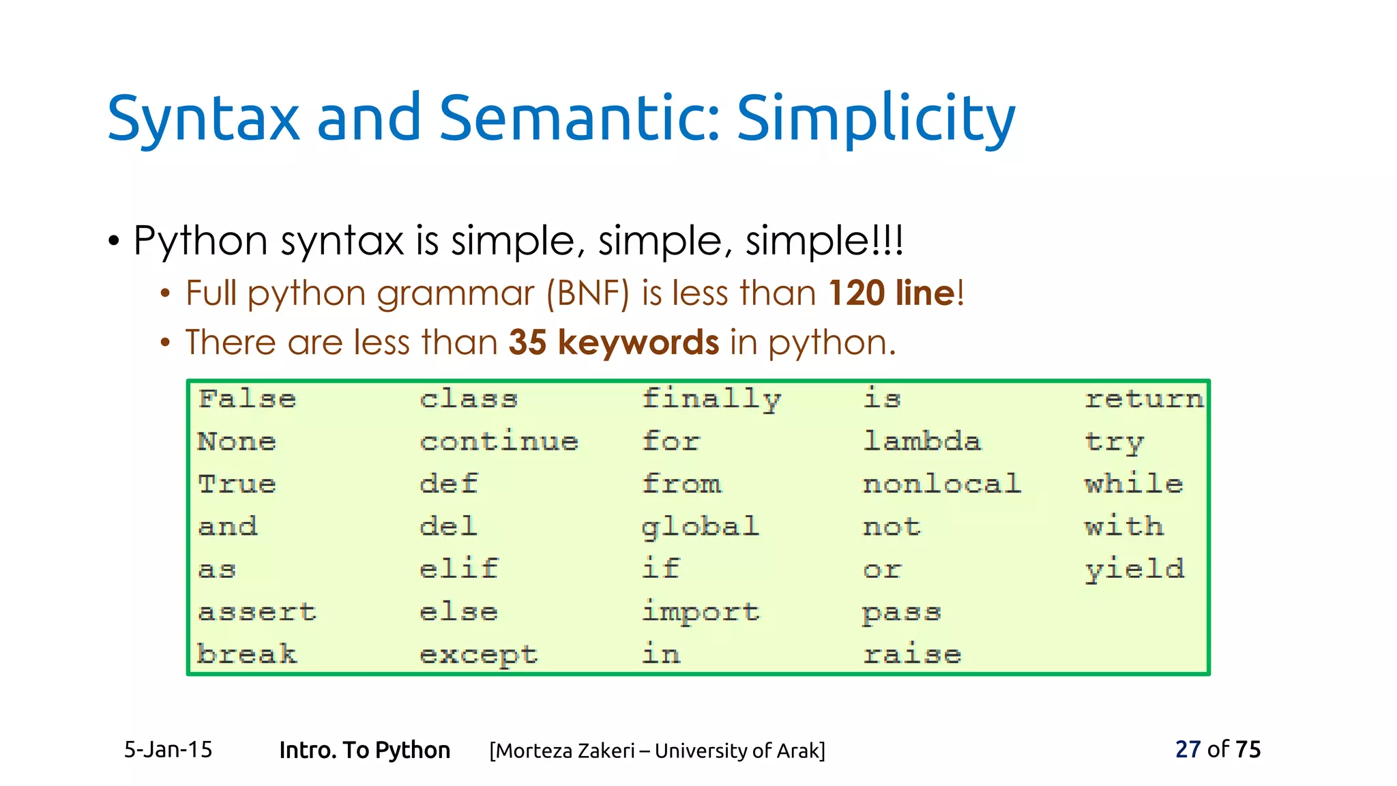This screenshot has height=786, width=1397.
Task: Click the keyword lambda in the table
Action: [922, 441]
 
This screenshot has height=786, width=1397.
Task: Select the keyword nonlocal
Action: [941, 484]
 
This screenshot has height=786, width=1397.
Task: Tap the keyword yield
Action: [1134, 569]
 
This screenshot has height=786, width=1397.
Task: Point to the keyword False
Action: [247, 398]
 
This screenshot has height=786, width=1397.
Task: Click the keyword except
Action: [478, 655]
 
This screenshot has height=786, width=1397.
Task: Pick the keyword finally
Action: [711, 399]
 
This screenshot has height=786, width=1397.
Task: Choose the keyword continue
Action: [499, 441]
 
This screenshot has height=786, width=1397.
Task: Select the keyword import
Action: [700, 612]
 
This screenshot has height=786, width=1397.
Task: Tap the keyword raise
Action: [912, 655]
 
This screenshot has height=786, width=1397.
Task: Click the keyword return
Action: [1144, 398]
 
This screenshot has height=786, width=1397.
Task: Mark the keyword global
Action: [700, 527]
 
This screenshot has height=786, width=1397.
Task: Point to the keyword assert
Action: [257, 612]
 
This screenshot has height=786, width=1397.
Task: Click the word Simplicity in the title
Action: [876, 119]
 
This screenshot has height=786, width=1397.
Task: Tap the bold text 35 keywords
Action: [613, 342]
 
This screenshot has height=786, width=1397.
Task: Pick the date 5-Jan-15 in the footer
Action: [168, 750]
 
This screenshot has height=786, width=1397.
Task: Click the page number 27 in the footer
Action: [1187, 749]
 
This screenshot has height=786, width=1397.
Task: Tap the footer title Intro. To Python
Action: [364, 750]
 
